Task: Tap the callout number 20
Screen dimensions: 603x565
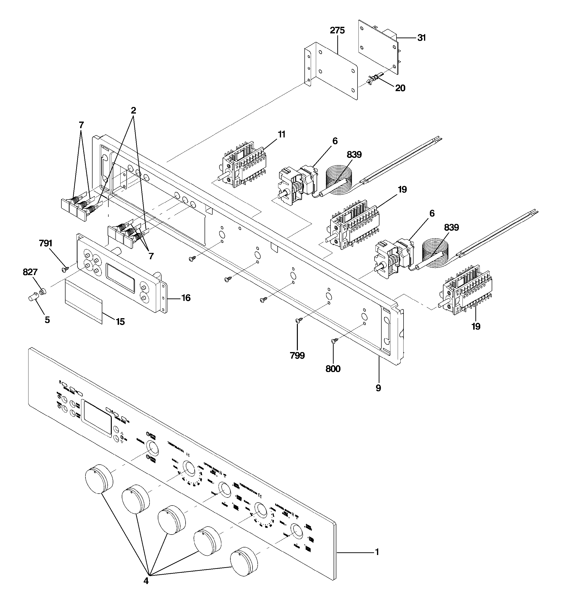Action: pos(400,88)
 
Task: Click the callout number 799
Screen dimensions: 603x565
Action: pos(297,355)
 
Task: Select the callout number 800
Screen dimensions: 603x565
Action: pos(333,369)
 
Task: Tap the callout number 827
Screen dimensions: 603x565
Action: pos(30,272)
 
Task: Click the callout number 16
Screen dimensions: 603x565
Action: pos(186,298)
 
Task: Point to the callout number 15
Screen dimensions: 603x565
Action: pos(120,322)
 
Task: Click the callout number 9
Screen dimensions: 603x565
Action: pos(378,388)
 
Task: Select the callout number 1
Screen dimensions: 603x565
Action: pos(377,552)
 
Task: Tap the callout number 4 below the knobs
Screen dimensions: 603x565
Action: pos(146,581)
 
